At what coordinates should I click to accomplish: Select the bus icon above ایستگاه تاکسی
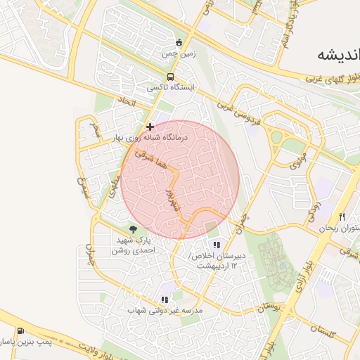(170, 77)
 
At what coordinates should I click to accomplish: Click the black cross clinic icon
(149, 127)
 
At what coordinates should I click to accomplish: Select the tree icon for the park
(133, 229)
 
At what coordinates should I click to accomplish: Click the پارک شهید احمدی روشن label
(132, 245)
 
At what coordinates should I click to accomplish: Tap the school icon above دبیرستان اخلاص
(217, 245)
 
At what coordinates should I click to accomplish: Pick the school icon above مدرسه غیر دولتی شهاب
(164, 300)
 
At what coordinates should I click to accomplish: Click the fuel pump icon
(20, 330)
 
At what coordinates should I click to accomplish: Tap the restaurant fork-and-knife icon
(342, 217)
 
